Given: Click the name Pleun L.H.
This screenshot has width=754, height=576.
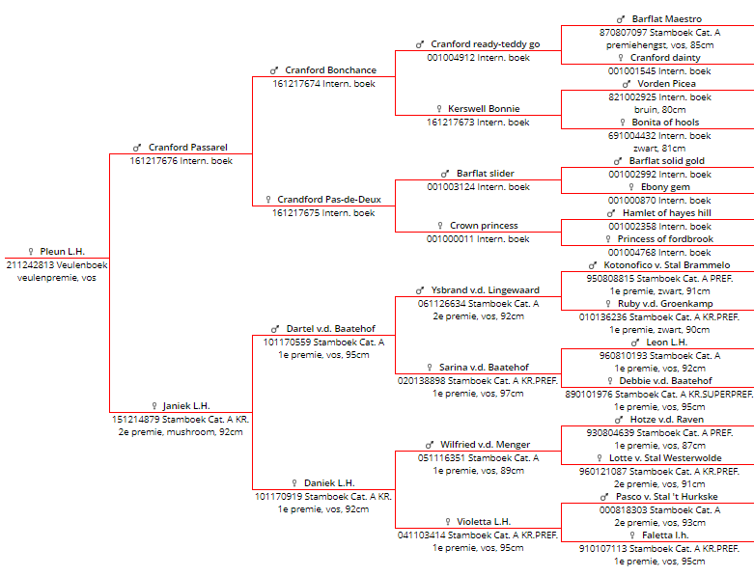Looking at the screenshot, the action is pyautogui.click(x=63, y=251).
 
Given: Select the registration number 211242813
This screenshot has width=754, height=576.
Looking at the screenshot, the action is pyautogui.click(x=27, y=264).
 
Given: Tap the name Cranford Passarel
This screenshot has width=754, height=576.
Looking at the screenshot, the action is pyautogui.click(x=188, y=147).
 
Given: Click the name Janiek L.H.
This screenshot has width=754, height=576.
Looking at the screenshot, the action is pyautogui.click(x=186, y=406).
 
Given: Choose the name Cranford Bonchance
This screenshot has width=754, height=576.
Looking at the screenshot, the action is pyautogui.click(x=331, y=70).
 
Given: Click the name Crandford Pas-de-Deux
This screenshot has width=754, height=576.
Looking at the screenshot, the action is pyautogui.click(x=329, y=200).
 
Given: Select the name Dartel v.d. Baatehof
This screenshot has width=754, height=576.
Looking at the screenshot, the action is pyautogui.click(x=331, y=329).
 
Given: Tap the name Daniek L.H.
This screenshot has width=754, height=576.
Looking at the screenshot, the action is pyautogui.click(x=329, y=482).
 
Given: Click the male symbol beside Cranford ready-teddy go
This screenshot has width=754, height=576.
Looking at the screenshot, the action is pyautogui.click(x=420, y=44).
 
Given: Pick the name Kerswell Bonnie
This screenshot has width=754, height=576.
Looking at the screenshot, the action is pyautogui.click(x=484, y=109).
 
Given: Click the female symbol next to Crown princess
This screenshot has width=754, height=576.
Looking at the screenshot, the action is pyautogui.click(x=440, y=226).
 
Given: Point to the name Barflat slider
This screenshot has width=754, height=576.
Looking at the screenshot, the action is pyautogui.click(x=486, y=174).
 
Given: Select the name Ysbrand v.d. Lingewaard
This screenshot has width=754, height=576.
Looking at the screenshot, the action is pyautogui.click(x=486, y=290).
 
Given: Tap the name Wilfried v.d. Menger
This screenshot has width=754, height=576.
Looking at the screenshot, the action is pyautogui.click(x=486, y=445).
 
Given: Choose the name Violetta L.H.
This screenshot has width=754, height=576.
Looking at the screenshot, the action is pyautogui.click(x=484, y=522).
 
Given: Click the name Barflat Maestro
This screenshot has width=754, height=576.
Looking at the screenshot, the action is pyautogui.click(x=667, y=19).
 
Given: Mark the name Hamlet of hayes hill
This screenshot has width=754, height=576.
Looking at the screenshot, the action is pyautogui.click(x=667, y=213).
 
